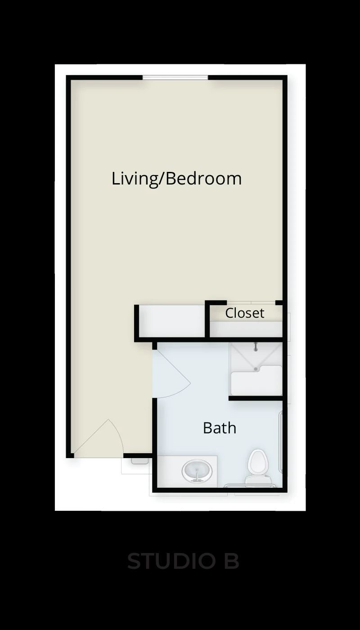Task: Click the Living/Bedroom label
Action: (176, 179)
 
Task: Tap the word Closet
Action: (245, 313)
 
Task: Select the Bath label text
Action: (220, 428)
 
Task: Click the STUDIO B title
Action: (183, 561)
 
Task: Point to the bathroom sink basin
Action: (197, 471)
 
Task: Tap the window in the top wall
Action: (175, 77)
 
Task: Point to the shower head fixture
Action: (256, 347)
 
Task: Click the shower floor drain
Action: (256, 369)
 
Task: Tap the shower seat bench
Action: (256, 380)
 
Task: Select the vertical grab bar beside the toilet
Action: (280, 441)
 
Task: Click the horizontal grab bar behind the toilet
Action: (250, 485)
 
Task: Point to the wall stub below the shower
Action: (256, 398)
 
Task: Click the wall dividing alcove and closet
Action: (207, 319)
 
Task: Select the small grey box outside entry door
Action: (139, 461)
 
